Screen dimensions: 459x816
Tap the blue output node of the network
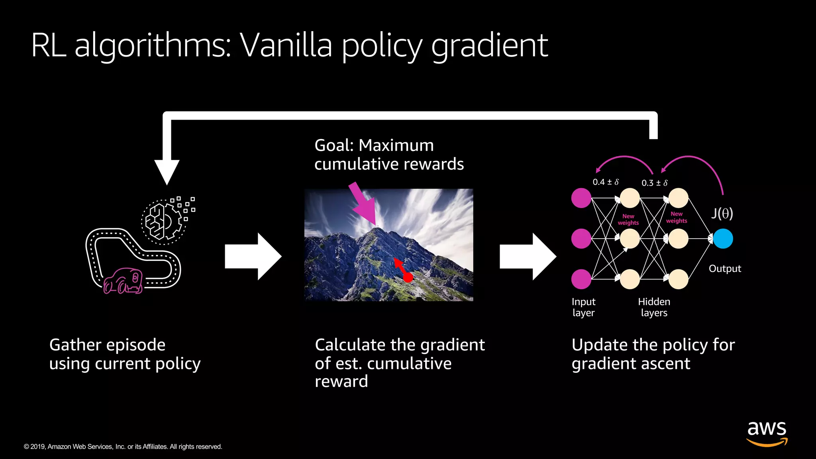tap(723, 239)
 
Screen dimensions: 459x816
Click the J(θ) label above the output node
tap(722, 214)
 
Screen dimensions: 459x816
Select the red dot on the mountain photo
tap(408, 277)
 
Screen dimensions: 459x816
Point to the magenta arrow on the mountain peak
tap(363, 205)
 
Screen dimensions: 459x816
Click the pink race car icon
tap(123, 281)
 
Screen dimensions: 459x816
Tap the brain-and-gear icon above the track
tap(163, 222)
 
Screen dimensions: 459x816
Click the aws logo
tap(767, 433)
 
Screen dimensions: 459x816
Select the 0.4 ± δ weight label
tap(605, 182)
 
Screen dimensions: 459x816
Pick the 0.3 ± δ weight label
tap(654, 183)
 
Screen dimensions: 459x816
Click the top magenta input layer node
tap(581, 198)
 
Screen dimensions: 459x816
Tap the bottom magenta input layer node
tap(581, 279)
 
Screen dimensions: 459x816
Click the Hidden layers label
tap(654, 307)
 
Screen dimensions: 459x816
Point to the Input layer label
tap(583, 307)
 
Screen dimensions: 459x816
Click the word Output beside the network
tap(724, 269)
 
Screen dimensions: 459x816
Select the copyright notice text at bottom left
tap(123, 447)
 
